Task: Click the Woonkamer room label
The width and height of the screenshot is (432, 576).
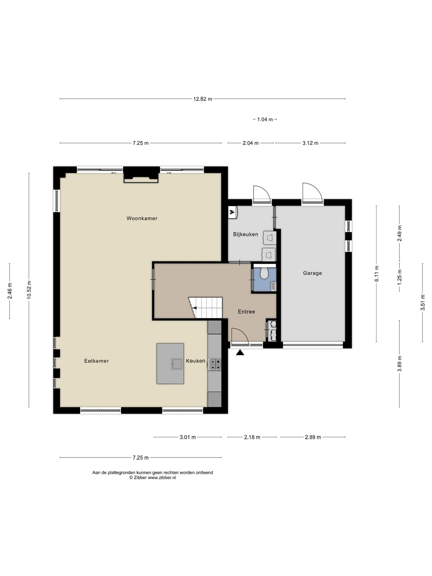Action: (142, 218)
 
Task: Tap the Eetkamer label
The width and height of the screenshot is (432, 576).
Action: (96, 361)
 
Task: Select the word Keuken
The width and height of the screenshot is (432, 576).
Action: (196, 361)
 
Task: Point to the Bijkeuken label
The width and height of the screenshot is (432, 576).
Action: (246, 234)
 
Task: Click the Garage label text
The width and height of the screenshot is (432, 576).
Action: (312, 273)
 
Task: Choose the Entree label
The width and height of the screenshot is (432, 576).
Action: (246, 312)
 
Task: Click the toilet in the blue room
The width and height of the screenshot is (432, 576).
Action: (264, 274)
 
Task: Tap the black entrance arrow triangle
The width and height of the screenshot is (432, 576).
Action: (240, 352)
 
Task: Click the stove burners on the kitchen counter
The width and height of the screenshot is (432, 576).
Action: (215, 364)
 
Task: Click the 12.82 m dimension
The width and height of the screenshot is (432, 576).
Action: (203, 99)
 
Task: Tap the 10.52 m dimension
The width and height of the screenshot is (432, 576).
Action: (29, 290)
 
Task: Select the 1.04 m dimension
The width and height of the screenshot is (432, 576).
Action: (265, 119)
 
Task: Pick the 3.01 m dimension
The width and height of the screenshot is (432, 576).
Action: (188, 437)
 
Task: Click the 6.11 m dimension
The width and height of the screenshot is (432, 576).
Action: (377, 274)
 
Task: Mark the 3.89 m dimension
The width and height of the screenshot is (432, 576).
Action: (400, 364)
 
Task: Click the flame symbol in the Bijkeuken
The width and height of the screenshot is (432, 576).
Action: (232, 212)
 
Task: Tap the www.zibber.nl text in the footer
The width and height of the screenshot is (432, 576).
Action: (162, 478)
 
